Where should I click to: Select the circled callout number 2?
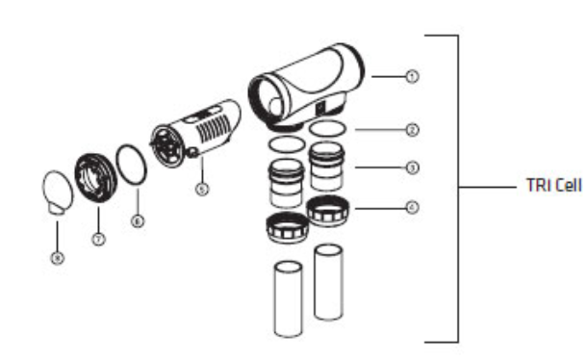[412, 127]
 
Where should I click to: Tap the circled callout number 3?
[412, 167]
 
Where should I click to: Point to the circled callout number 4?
[412, 206]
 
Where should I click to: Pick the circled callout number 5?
[201, 190]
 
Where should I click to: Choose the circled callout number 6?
[137, 220]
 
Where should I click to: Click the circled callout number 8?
[56, 259]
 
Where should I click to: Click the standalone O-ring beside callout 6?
[131, 165]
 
